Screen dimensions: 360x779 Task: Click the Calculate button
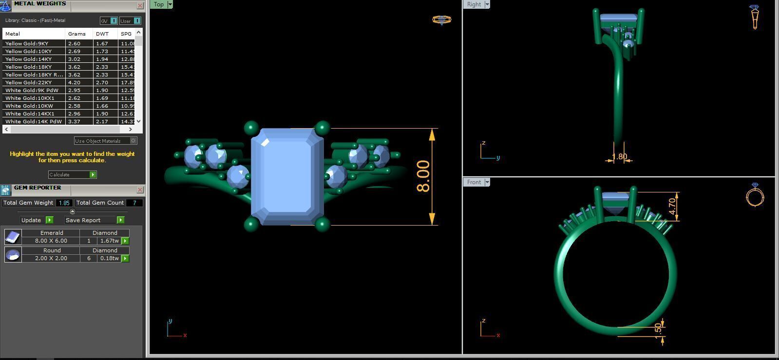coord(72,174)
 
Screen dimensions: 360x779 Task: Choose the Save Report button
coord(94,220)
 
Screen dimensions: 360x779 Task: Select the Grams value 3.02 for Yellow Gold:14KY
coord(74,59)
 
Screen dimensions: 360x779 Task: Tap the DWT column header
coord(102,34)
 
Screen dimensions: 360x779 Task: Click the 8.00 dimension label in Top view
coord(423,176)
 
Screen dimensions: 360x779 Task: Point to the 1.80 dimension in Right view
coord(619,157)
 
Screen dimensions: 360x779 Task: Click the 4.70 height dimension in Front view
coord(672,206)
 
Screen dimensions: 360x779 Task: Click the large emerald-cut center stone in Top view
coord(287,176)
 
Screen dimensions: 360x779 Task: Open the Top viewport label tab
coord(159,4)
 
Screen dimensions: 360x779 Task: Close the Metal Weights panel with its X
coord(140,6)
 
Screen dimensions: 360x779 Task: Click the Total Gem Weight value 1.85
coord(64,203)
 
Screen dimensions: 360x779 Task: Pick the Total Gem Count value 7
coord(134,203)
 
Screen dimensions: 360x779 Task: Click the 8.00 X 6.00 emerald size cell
coord(51,241)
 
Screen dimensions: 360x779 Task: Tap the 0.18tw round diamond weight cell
coord(109,258)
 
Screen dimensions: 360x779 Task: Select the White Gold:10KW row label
coord(29,106)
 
